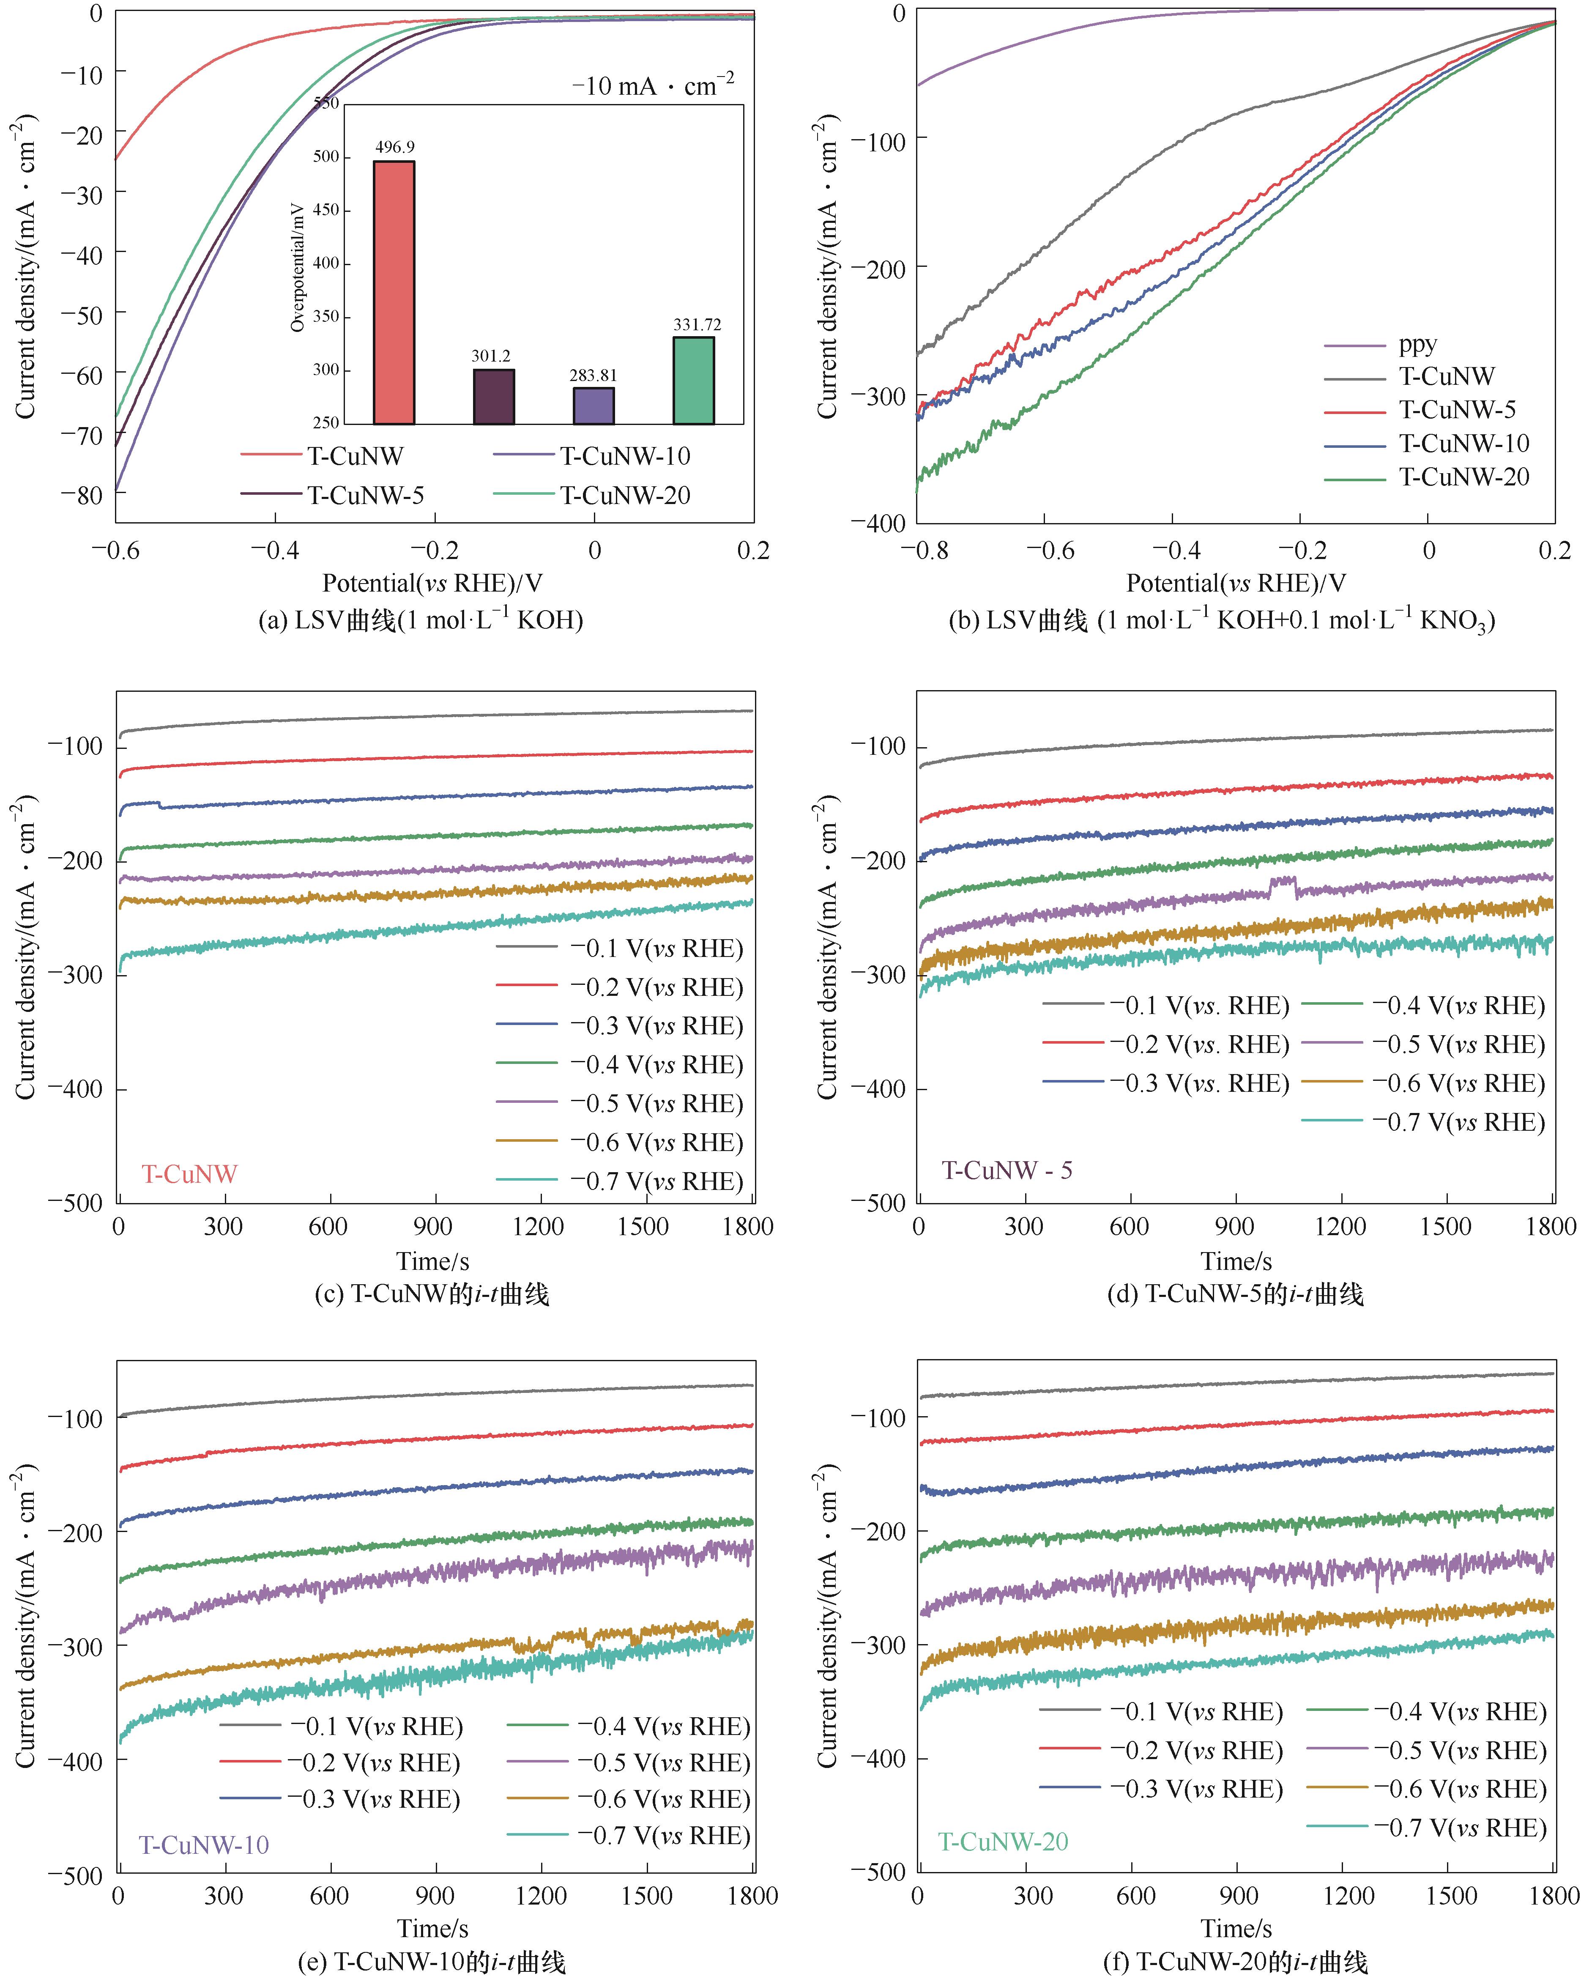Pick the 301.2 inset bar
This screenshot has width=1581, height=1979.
click(x=494, y=397)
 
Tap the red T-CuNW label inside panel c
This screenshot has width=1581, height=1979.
click(x=189, y=1174)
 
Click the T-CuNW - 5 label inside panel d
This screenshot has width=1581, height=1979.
click(x=1007, y=1170)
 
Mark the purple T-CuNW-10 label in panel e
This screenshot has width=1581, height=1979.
click(x=204, y=1845)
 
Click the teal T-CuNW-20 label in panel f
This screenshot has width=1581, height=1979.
click(x=1003, y=1841)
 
